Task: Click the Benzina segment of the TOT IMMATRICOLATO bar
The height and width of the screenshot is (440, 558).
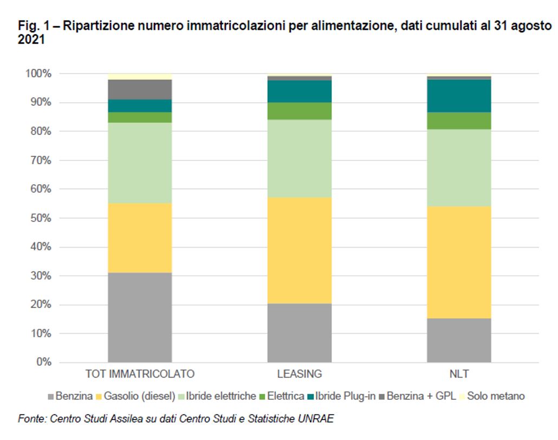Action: pos(140,317)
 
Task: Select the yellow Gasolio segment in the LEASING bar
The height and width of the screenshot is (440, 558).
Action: pos(299,250)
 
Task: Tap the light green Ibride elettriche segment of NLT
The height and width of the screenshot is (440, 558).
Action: pos(459,167)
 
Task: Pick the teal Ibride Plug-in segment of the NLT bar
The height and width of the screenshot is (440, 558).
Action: pos(459,96)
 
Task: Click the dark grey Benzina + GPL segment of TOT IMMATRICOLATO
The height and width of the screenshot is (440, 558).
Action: pos(140,89)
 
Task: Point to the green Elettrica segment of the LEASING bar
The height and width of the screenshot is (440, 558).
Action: pos(299,111)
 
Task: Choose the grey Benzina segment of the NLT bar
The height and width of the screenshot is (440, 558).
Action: pos(459,340)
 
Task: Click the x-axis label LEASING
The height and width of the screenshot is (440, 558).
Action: pos(299,374)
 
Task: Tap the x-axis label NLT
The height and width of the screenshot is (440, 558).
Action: pos(459,374)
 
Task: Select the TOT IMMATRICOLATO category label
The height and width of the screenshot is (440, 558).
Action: pos(140,374)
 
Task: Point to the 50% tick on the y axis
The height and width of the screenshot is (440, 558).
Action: pos(40,218)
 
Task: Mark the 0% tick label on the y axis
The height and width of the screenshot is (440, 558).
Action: pos(43,362)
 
